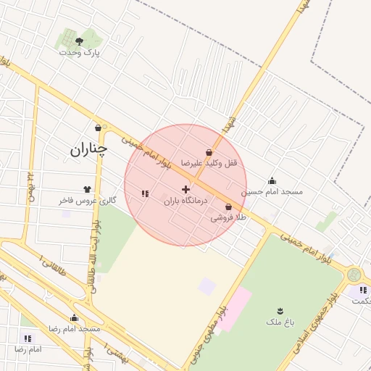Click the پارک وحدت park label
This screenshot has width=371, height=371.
[80, 53]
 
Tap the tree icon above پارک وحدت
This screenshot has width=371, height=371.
[79, 41]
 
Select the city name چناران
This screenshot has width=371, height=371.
[88, 150]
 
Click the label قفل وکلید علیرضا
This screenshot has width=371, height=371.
[210, 164]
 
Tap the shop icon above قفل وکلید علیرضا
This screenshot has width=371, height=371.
[209, 153]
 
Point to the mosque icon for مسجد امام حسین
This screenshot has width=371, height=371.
[272, 181]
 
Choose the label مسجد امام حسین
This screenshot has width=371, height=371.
[272, 192]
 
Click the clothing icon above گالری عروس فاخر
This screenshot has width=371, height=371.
[88, 188]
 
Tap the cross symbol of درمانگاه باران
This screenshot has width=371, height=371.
[185, 188]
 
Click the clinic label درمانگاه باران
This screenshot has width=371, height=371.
[185, 200]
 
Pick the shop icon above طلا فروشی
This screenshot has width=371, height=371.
[229, 207]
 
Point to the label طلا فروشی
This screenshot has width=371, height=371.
[229, 217]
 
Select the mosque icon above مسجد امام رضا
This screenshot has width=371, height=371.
[74, 317]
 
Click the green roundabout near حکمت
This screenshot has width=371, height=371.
[354, 275]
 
